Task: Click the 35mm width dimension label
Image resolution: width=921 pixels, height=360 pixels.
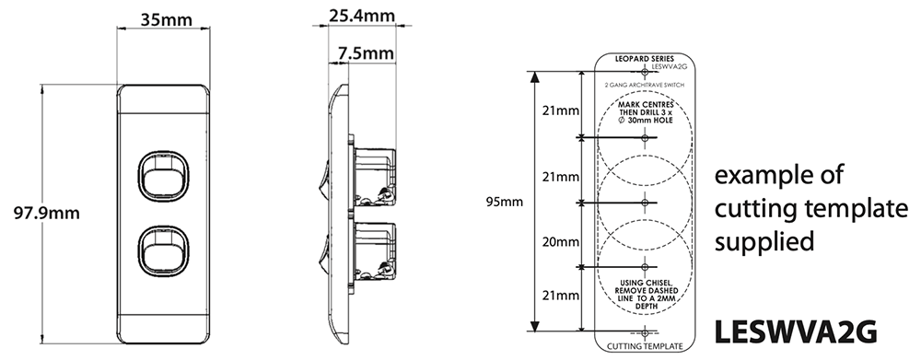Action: coord(161,19)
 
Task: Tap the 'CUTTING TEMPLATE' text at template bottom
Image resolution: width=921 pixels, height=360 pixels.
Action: coord(646,346)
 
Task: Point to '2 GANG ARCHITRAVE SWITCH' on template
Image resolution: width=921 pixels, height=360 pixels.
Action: coord(645,85)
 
